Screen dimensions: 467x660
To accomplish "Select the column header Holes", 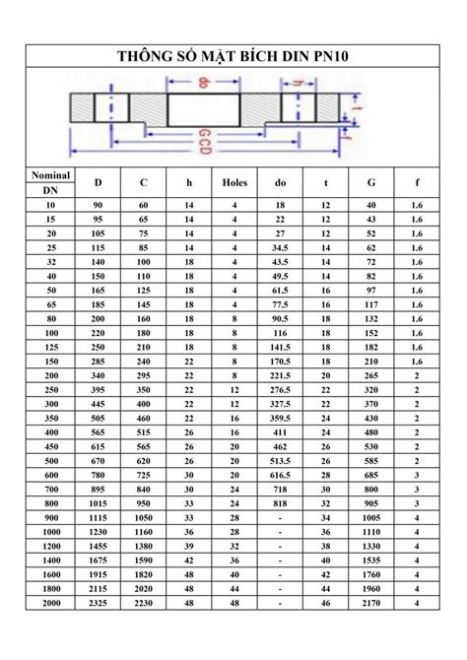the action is coord(234,182).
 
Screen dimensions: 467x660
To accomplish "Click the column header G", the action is coord(371,182).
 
